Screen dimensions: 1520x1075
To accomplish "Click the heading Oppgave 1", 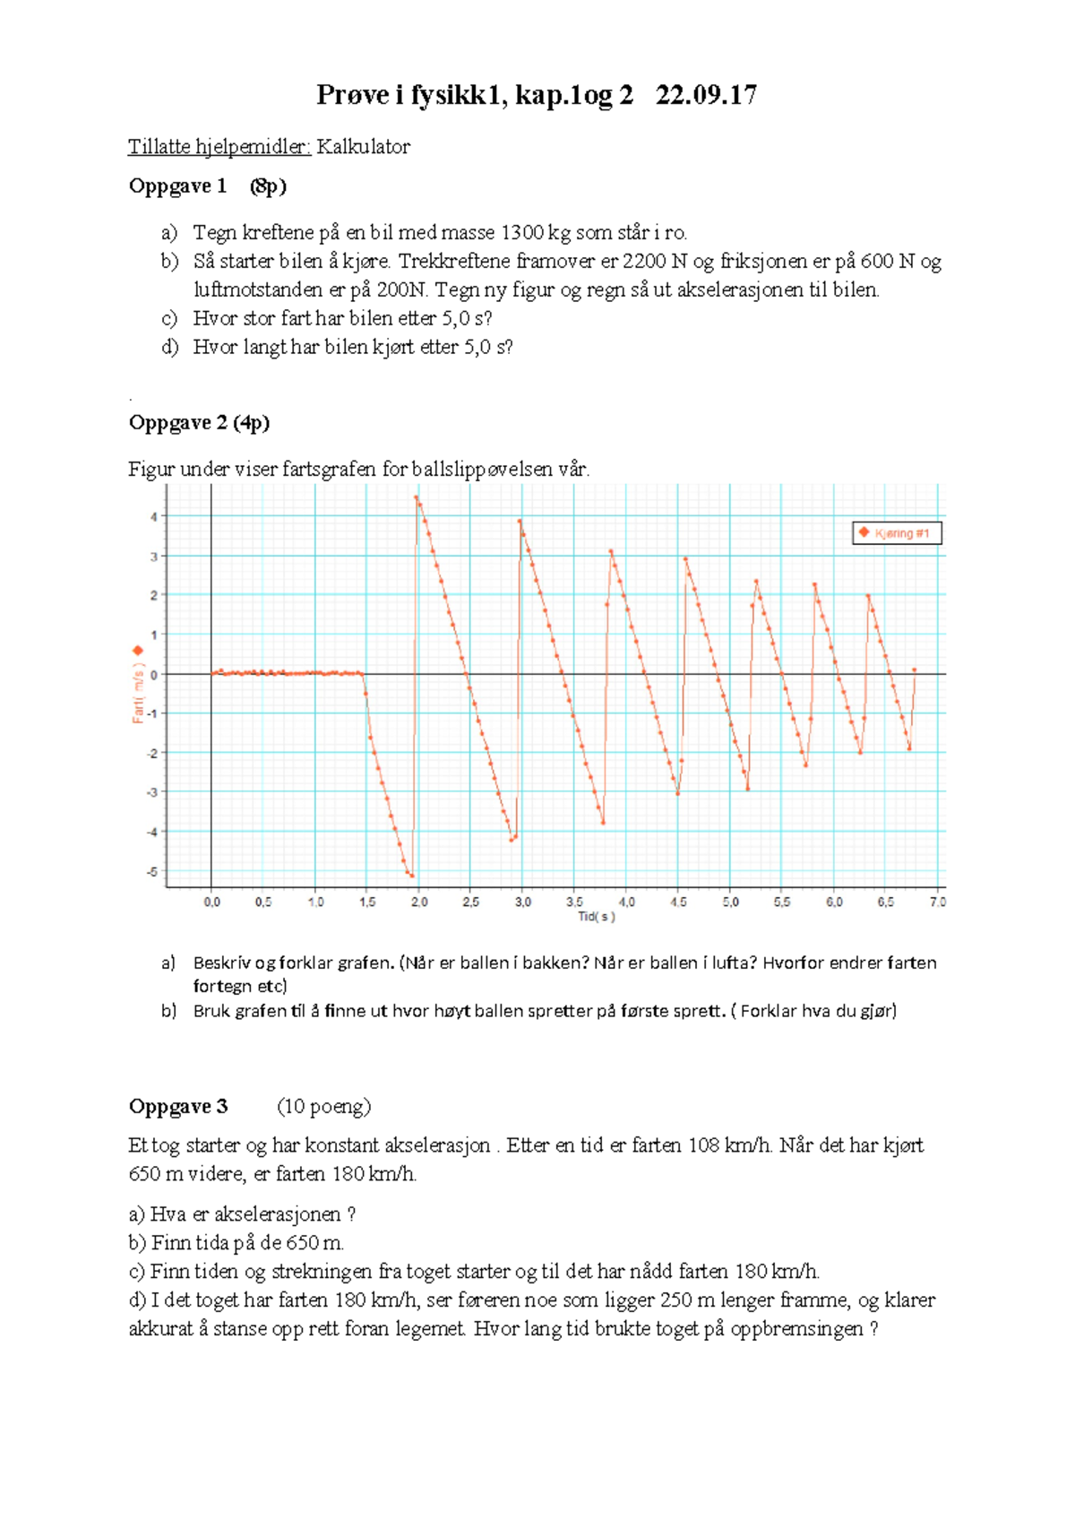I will (x=177, y=186).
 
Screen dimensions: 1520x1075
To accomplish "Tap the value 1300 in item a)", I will (x=521, y=233).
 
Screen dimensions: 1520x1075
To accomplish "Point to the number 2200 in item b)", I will (x=644, y=262).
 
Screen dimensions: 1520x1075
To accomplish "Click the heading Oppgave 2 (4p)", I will (x=199, y=422).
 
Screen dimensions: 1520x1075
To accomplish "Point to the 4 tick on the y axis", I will (x=154, y=517).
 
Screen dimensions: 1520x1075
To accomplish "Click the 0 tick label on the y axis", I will (x=154, y=675).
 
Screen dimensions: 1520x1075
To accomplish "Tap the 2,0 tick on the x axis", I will (x=419, y=902).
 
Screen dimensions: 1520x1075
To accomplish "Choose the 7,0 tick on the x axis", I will (x=937, y=902).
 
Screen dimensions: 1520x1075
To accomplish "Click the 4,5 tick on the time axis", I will (x=678, y=902).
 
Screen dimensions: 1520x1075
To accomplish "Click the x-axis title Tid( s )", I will (x=597, y=917).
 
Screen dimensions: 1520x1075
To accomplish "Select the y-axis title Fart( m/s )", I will (x=138, y=694).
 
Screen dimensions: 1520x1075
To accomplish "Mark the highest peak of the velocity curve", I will (x=417, y=497).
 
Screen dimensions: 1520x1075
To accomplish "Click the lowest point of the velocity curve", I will (x=411, y=876).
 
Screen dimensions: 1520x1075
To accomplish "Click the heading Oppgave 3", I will (x=178, y=1107).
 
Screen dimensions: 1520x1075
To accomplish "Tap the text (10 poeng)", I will (x=323, y=1107).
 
